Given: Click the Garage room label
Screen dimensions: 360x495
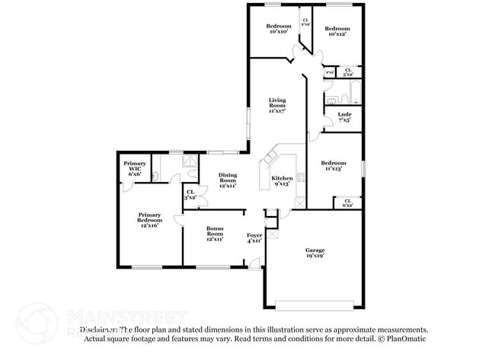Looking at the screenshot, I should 315,253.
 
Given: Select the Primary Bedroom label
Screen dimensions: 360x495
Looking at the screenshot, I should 148,220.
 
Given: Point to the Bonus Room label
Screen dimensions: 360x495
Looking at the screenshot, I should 215,233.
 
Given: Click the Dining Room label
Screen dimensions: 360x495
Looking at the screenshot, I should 228,180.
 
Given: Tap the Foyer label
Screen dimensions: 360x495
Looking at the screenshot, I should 254,238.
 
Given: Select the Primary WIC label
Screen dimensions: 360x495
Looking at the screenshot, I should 136,168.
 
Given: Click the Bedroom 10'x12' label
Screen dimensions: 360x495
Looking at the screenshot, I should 337,29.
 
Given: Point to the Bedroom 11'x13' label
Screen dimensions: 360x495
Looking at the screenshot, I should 334,167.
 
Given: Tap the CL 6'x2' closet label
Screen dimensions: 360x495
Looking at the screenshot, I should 347,202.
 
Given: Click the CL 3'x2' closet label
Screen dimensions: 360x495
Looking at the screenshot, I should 190,194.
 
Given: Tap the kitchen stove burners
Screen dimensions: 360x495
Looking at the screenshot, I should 301,180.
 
